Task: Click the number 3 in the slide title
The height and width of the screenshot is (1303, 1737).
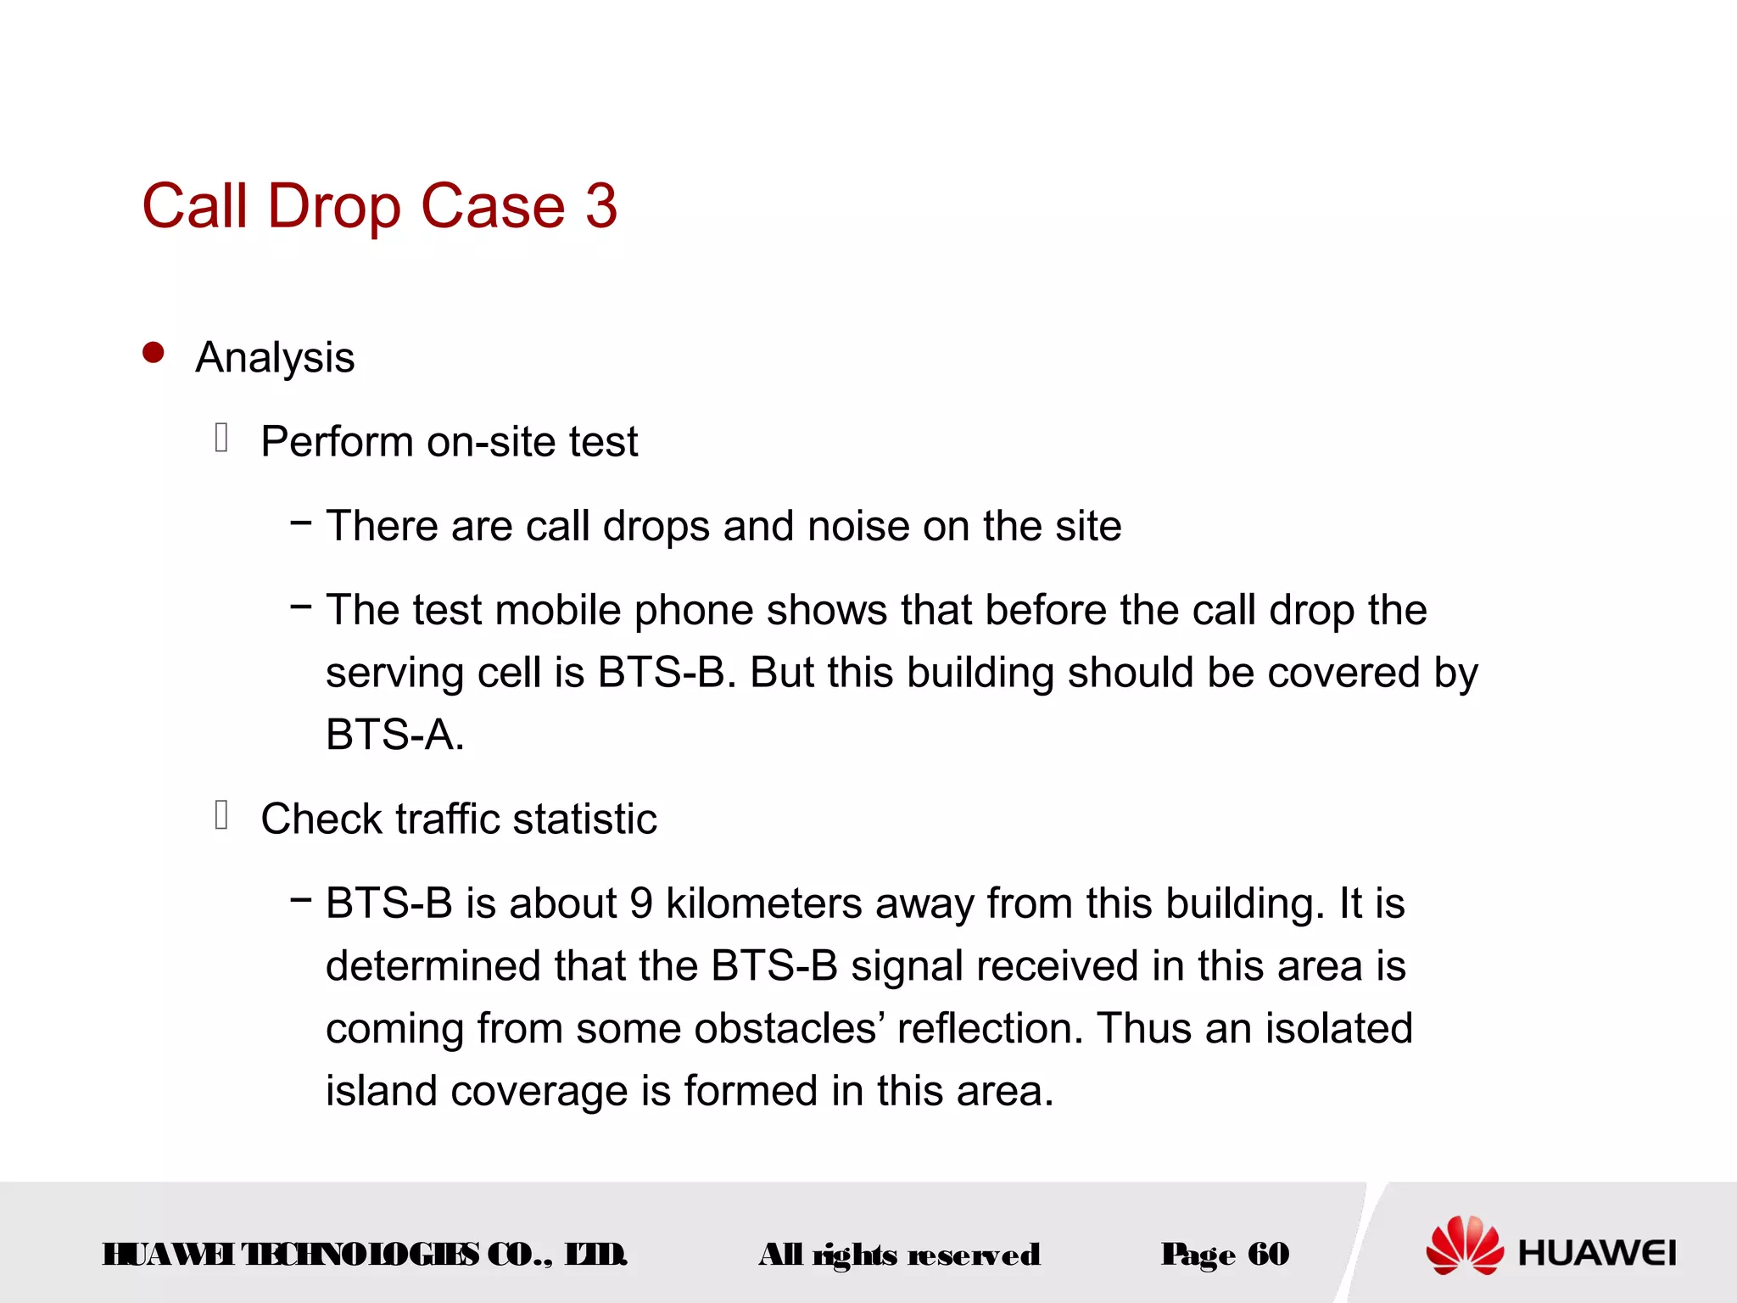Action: click(x=600, y=206)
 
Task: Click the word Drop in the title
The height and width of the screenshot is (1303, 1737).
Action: click(x=333, y=208)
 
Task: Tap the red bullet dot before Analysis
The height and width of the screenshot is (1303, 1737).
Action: click(x=154, y=353)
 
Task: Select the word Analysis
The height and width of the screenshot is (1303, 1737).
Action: click(x=275, y=358)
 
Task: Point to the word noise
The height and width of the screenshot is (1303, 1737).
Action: click(x=858, y=526)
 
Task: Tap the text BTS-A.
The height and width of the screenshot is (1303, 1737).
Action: click(x=394, y=735)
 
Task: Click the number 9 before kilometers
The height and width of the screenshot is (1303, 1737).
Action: click(x=641, y=903)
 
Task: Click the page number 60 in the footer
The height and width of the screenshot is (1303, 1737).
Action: click(x=1268, y=1254)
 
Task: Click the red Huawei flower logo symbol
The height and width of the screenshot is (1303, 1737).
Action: click(x=1464, y=1245)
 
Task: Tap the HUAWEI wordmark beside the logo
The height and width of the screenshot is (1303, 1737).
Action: click(x=1597, y=1253)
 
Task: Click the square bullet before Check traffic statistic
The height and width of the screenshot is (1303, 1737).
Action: click(x=222, y=815)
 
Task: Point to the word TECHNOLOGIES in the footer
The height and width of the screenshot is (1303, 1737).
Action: click(x=360, y=1254)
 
